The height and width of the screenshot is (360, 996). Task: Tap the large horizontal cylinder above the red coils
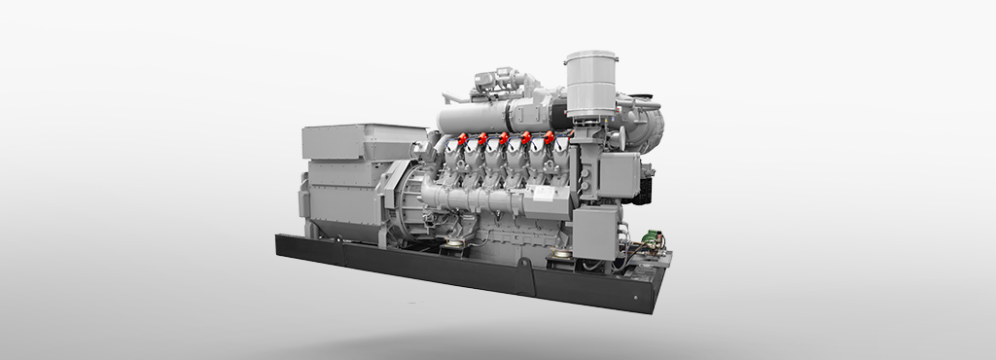(x=486, y=117)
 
